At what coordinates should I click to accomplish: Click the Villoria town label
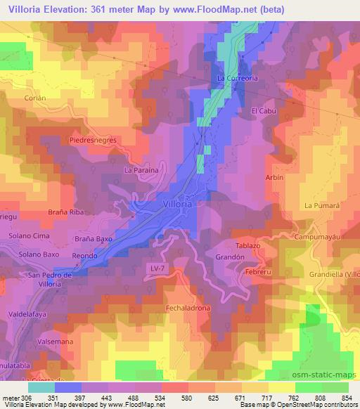(x=176, y=202)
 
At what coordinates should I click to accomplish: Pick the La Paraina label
(x=140, y=170)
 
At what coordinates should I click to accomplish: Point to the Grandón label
(x=229, y=257)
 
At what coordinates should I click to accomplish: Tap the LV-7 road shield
(x=157, y=268)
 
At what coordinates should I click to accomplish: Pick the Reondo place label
(x=84, y=257)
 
